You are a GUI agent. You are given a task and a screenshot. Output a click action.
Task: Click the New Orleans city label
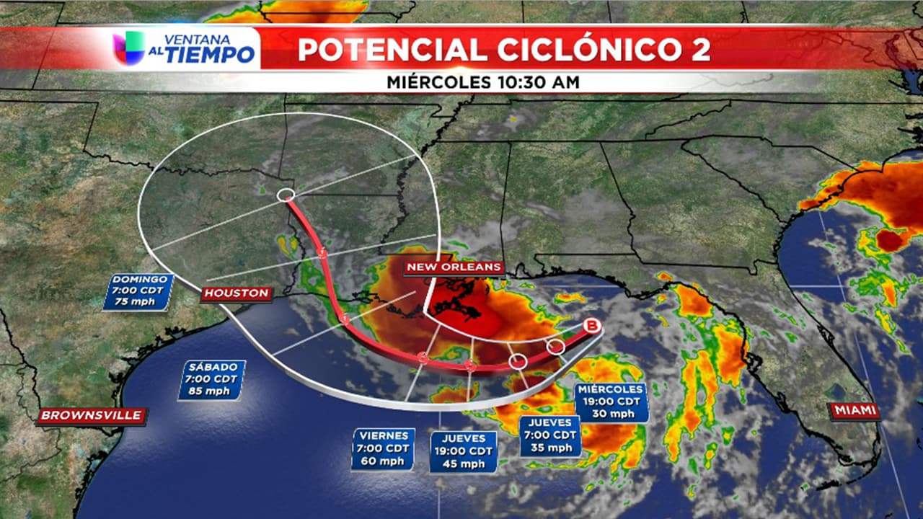[454, 267]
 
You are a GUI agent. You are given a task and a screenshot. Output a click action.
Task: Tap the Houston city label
[236, 293]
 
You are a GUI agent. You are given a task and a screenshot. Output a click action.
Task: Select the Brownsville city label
[92, 415]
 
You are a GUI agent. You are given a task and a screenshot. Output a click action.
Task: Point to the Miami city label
[855, 411]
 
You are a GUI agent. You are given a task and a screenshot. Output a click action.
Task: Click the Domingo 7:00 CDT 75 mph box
[138, 291]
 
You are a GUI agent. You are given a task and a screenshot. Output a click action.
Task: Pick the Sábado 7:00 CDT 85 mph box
[212, 379]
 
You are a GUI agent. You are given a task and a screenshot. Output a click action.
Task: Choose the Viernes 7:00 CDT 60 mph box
[383, 449]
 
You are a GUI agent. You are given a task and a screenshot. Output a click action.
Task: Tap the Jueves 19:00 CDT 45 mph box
[463, 452]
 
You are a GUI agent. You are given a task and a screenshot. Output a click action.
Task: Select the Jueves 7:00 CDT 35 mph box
[550, 435]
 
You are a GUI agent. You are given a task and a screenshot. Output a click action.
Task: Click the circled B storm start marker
[592, 326]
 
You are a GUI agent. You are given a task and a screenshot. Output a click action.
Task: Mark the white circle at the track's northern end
[286, 195]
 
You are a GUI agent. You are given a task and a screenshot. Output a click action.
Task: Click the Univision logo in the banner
[130, 49]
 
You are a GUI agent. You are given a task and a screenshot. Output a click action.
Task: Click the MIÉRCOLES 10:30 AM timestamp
[483, 82]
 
